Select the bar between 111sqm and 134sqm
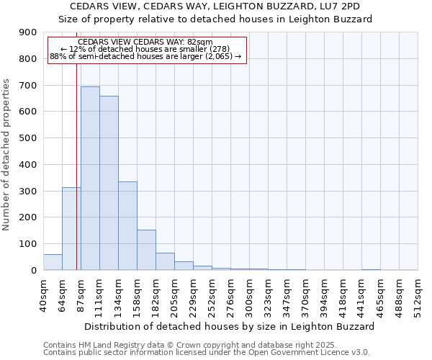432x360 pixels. [109, 183]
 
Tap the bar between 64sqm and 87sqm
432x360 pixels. [71, 229]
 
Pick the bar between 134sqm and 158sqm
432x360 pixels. [127, 226]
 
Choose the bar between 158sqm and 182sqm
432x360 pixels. [146, 250]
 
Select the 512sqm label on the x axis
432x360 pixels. [418, 295]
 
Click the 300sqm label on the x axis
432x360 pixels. [249, 295]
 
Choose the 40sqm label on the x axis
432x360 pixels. [43, 295]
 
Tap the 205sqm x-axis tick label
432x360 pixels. [174, 295]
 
